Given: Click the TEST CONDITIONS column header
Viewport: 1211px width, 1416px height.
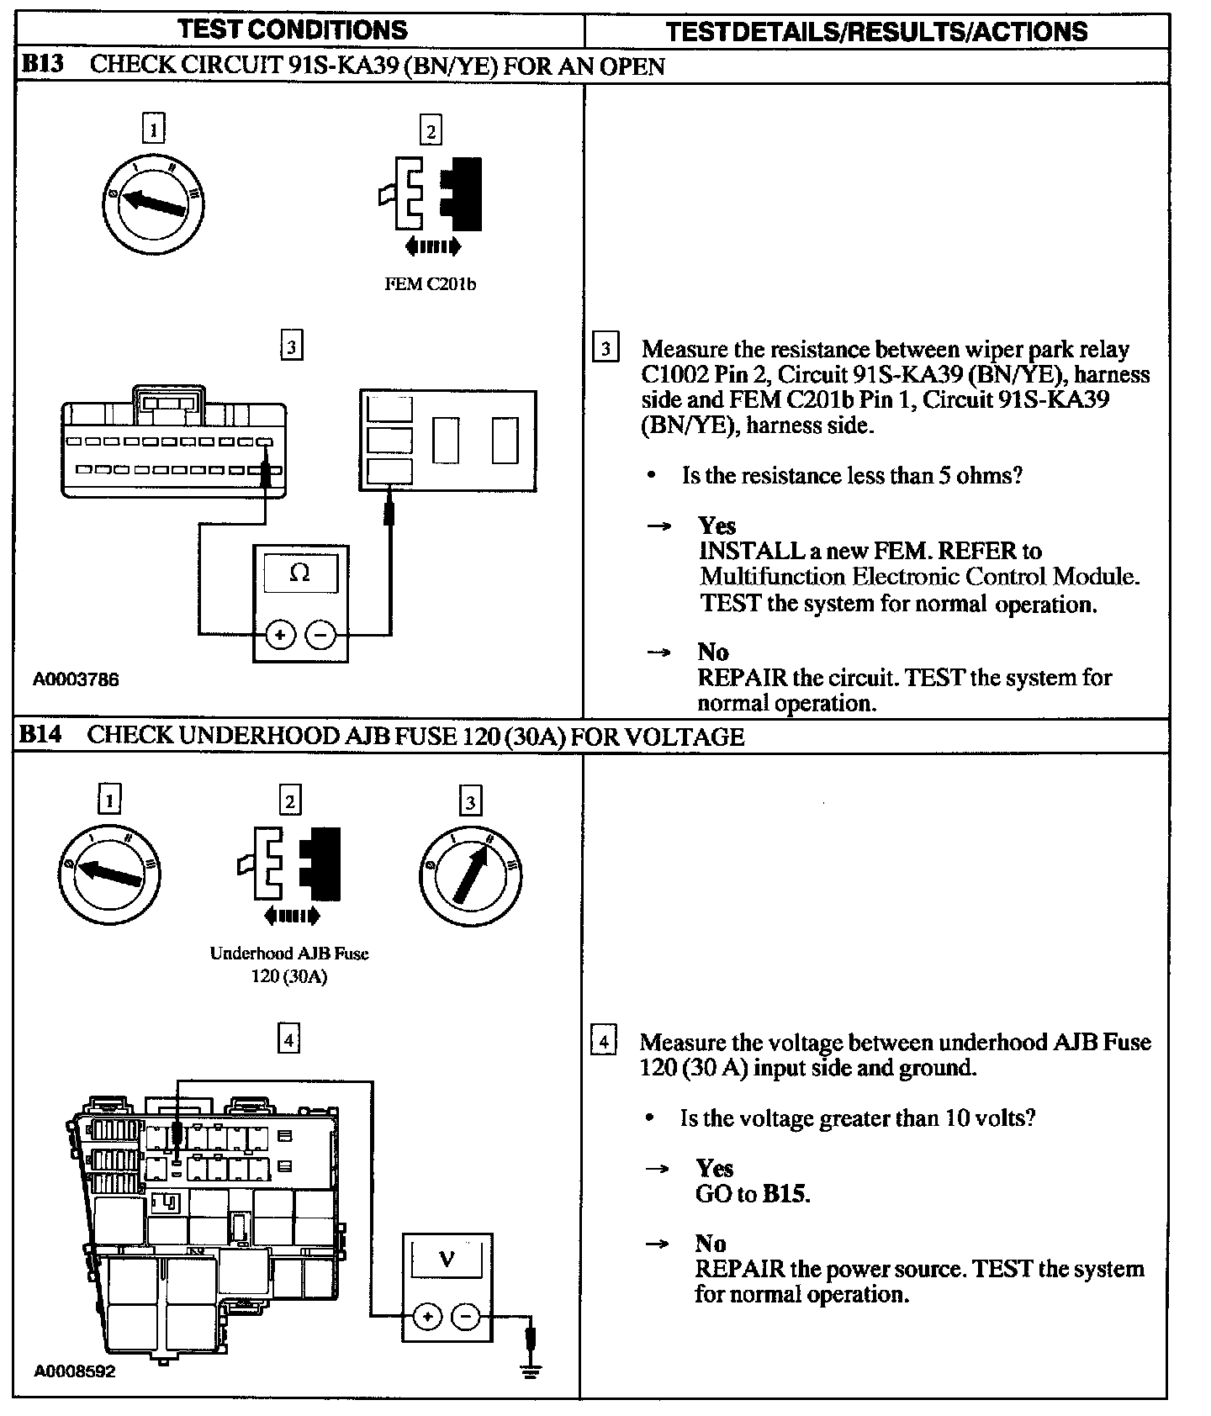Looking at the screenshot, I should [293, 30].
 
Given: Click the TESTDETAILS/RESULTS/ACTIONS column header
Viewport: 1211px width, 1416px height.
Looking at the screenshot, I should [876, 32].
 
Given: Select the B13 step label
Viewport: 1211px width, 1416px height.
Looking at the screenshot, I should [42, 65].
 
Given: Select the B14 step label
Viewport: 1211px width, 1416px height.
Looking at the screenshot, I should [40, 735].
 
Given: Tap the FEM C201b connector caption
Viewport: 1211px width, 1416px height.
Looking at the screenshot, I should [430, 284].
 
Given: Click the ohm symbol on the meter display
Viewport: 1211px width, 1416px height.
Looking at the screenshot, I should [299, 573].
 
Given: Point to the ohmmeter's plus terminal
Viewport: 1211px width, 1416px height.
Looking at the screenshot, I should [280, 635].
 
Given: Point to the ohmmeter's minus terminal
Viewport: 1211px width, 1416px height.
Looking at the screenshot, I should [320, 635].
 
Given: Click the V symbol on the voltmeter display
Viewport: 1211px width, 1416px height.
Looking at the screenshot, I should [447, 1259].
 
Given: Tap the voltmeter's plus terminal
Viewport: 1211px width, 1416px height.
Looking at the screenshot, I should [427, 1317].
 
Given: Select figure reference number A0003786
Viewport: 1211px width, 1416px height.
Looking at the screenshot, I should [76, 679].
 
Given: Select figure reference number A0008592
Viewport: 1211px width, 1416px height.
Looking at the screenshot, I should [74, 1371].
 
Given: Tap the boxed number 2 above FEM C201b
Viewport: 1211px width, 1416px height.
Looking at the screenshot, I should [431, 131].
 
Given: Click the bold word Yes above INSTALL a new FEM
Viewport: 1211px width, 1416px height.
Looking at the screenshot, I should [717, 526].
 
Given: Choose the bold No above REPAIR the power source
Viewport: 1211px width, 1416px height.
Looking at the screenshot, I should [711, 1243].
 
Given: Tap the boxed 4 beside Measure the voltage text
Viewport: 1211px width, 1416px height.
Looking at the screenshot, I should [603, 1041].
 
